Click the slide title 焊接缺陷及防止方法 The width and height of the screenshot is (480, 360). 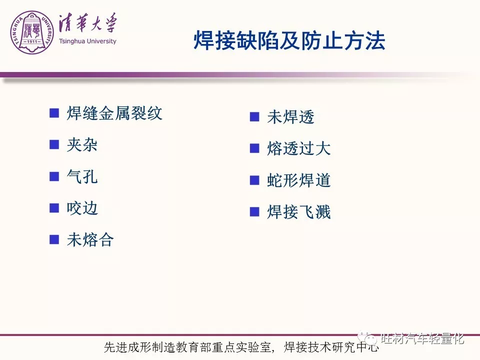(x=289, y=40)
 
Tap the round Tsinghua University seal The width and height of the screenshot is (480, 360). (x=32, y=32)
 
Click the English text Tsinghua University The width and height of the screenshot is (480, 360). (x=87, y=41)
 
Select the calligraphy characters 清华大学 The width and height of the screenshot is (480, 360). (x=88, y=23)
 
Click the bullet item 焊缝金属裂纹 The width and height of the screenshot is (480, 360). (x=114, y=113)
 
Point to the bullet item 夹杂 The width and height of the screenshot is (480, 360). (x=82, y=145)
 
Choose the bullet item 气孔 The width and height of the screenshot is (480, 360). (x=82, y=176)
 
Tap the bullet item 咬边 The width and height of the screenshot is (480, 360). (x=82, y=208)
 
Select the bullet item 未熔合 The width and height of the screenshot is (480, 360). (x=90, y=239)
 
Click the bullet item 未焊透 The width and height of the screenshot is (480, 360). (x=291, y=117)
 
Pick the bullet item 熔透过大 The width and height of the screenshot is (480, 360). (x=299, y=148)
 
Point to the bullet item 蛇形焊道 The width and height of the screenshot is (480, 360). (x=299, y=180)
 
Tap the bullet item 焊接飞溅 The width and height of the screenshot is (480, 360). (x=299, y=212)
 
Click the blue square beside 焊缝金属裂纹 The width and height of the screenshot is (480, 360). (x=54, y=113)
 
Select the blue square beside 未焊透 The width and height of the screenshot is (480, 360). (x=254, y=116)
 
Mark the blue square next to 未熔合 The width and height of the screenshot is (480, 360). (x=54, y=239)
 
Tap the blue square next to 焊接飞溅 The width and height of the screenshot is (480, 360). (x=254, y=211)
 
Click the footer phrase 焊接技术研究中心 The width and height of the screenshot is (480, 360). (x=331, y=347)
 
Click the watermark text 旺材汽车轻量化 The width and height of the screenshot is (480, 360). (x=422, y=338)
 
